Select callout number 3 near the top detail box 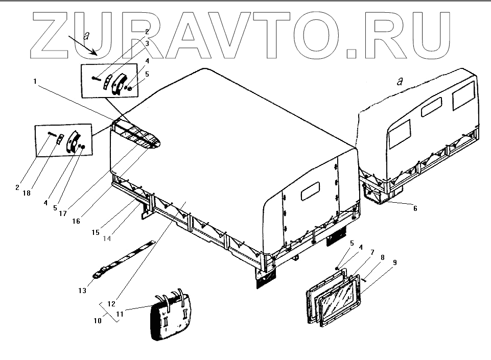coord(147,44)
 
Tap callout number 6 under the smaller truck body coord(415,208)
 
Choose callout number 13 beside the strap coord(83,290)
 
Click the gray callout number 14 coord(107,238)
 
